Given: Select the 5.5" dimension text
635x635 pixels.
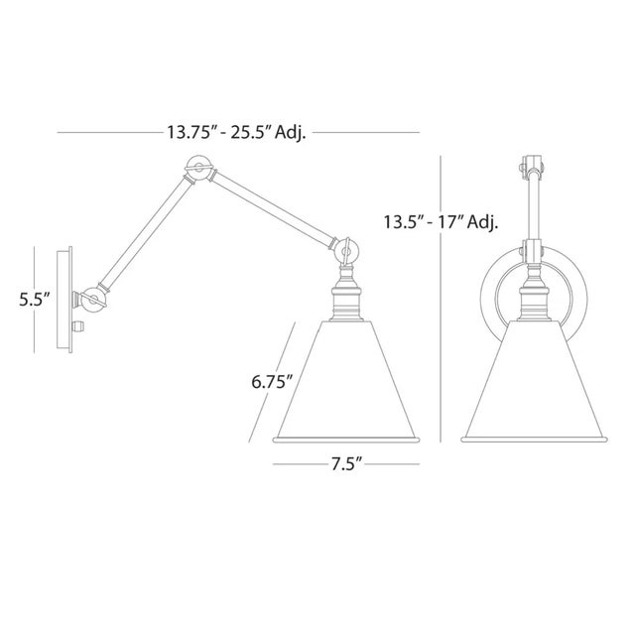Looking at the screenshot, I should (34, 298).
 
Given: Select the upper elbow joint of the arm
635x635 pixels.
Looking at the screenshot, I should (197, 170).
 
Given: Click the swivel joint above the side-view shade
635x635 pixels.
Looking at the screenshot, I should (347, 250).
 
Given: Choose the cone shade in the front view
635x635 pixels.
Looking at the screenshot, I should (536, 382).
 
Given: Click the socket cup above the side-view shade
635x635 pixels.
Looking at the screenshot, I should (347, 298).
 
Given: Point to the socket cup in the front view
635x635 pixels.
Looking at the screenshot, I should (536, 298).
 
